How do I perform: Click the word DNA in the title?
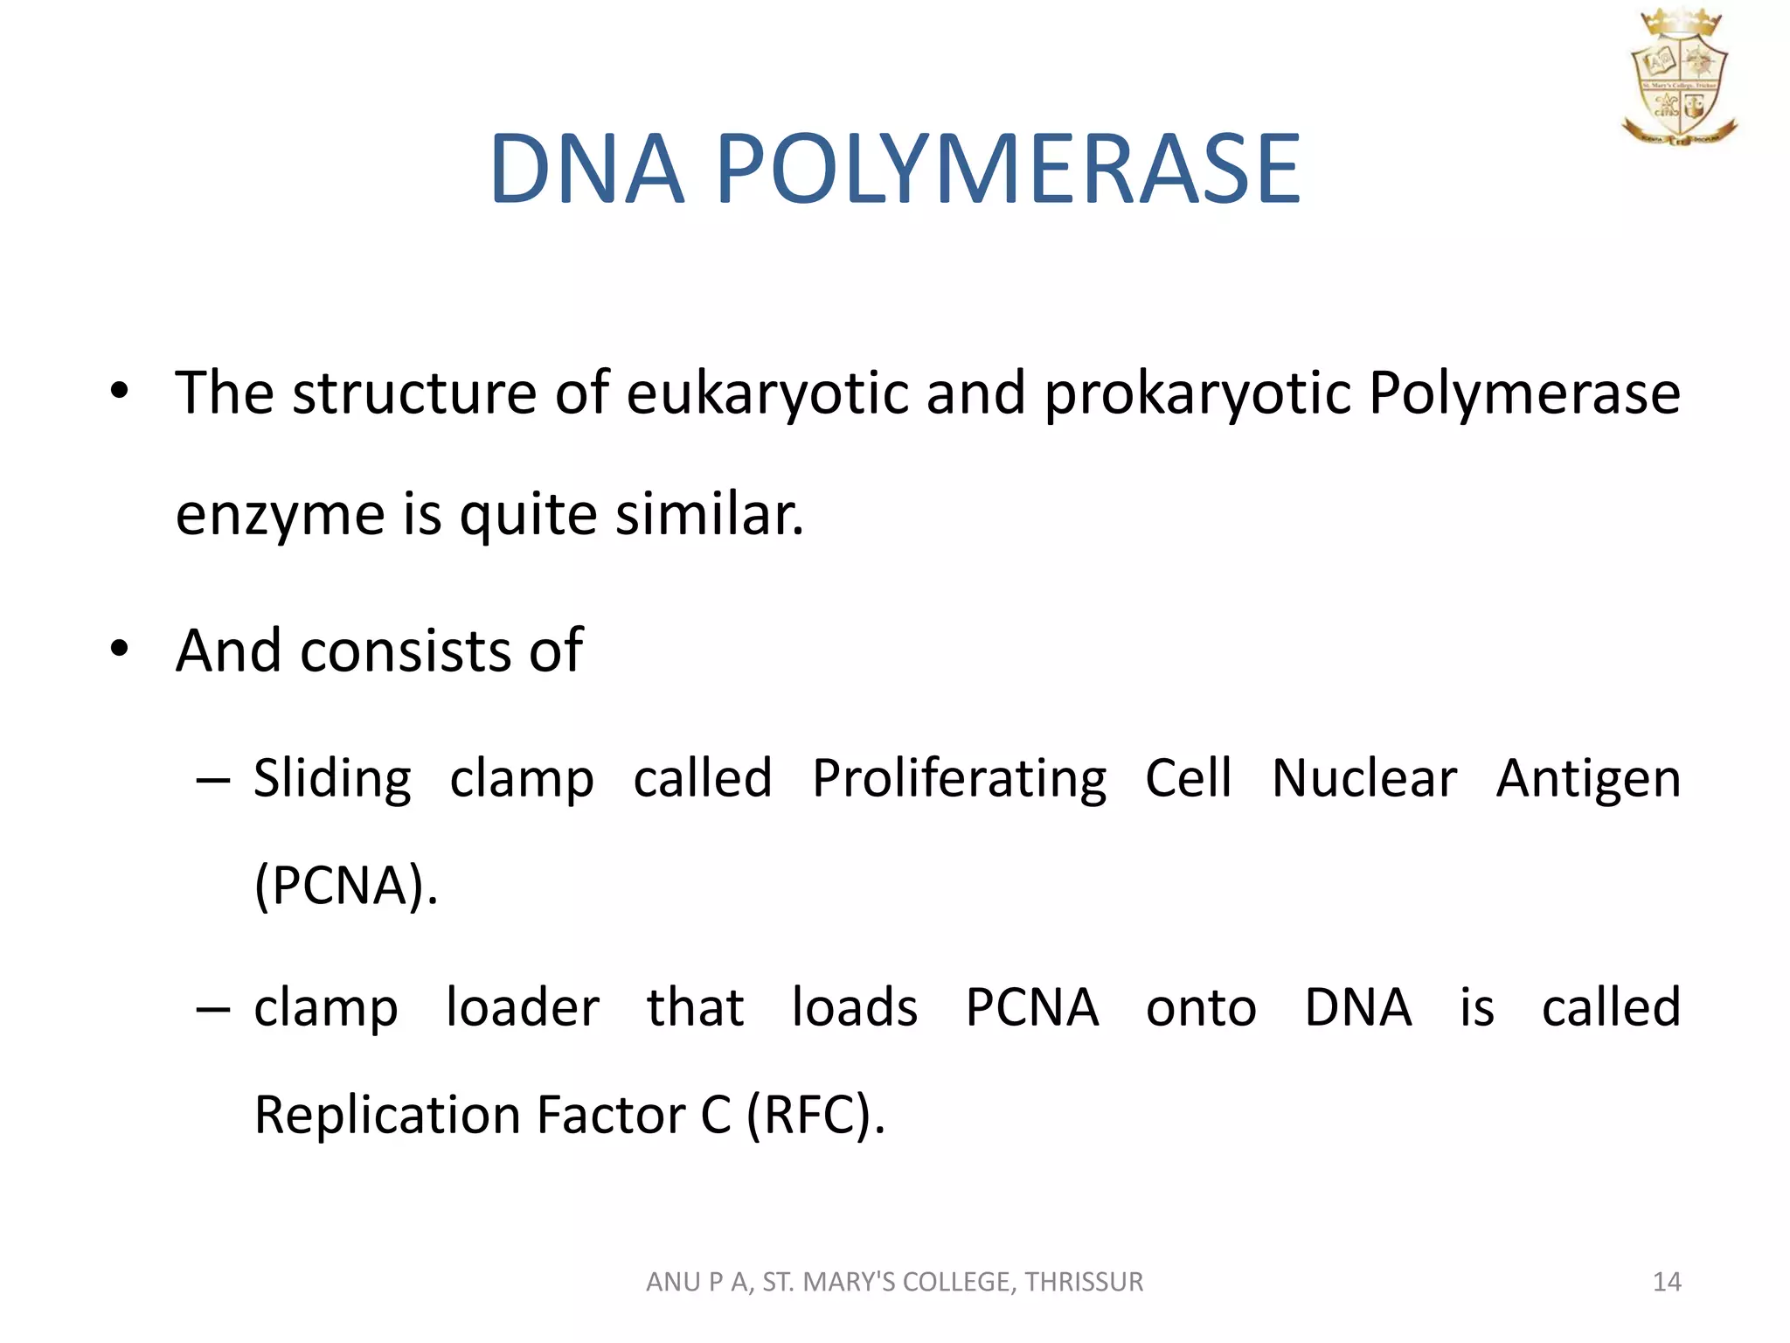pyautogui.click(x=586, y=170)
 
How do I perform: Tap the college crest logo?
pyautogui.click(x=1678, y=77)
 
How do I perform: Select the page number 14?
pyautogui.click(x=1666, y=1282)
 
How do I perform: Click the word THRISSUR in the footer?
pyautogui.click(x=1084, y=1282)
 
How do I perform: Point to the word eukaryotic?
pyautogui.click(x=767, y=393)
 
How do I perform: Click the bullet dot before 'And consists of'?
pyautogui.click(x=120, y=649)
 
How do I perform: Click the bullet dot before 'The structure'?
pyautogui.click(x=120, y=391)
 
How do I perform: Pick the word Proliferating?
pyautogui.click(x=959, y=779)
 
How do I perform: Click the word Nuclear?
pyautogui.click(x=1363, y=779)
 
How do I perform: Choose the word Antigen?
pyautogui.click(x=1588, y=779)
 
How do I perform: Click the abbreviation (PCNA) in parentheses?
pyautogui.click(x=344, y=886)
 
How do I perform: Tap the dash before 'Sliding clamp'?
pyautogui.click(x=213, y=780)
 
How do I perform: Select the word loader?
pyautogui.click(x=522, y=1007)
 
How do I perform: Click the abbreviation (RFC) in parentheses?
pyautogui.click(x=815, y=1116)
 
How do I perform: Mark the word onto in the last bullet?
pyautogui.click(x=1201, y=1007)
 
